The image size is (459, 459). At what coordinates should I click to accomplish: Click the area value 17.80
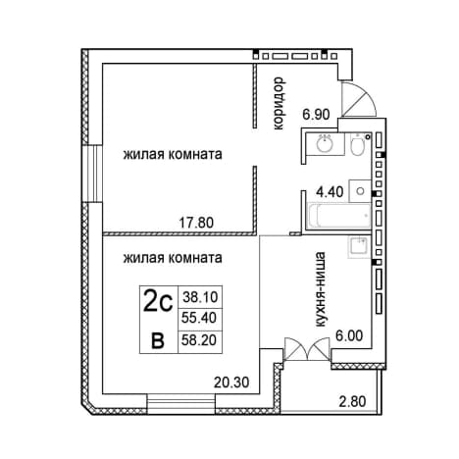pyautogui.click(x=196, y=223)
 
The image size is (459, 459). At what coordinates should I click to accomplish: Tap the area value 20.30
pyautogui.click(x=231, y=382)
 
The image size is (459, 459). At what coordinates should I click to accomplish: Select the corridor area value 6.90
pyautogui.click(x=316, y=115)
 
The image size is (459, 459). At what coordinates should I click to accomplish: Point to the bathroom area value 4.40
pyautogui.click(x=330, y=192)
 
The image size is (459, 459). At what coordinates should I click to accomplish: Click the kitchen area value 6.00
pyautogui.click(x=349, y=335)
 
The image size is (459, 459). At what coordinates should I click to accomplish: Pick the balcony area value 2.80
pyautogui.click(x=352, y=401)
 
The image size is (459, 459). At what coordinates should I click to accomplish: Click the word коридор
pyautogui.click(x=279, y=103)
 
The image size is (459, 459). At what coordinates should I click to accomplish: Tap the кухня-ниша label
pyautogui.click(x=320, y=289)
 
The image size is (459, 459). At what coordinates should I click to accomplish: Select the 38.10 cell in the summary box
pyautogui.click(x=200, y=297)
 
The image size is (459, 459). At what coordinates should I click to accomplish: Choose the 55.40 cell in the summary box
pyautogui.click(x=200, y=318)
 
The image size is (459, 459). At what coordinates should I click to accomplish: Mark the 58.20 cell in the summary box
pyautogui.click(x=200, y=340)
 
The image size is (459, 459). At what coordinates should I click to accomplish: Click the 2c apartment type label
pyautogui.click(x=158, y=303)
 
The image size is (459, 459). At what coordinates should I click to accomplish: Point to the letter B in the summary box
pyautogui.click(x=158, y=341)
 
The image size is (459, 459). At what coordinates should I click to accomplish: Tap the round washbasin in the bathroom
pyautogui.click(x=325, y=144)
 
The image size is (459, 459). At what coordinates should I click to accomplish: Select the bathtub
pyautogui.click(x=340, y=215)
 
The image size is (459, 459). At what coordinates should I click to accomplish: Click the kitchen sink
pyautogui.click(x=359, y=247)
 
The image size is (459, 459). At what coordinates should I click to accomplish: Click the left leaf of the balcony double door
pyautogui.click(x=295, y=349)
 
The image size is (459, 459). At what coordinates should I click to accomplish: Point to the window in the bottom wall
pyautogui.click(x=181, y=405)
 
